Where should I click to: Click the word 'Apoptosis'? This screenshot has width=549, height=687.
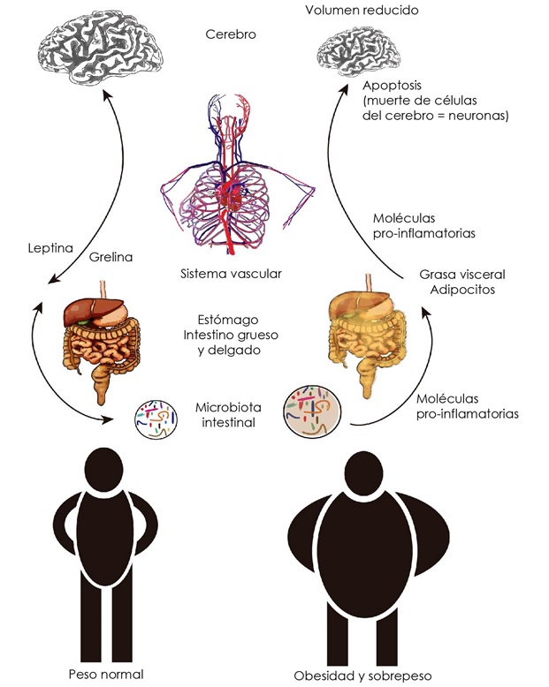click(x=394, y=87)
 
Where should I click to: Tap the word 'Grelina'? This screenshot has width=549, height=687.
click(x=111, y=260)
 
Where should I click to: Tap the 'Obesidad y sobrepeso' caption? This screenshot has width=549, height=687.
click(x=362, y=676)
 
